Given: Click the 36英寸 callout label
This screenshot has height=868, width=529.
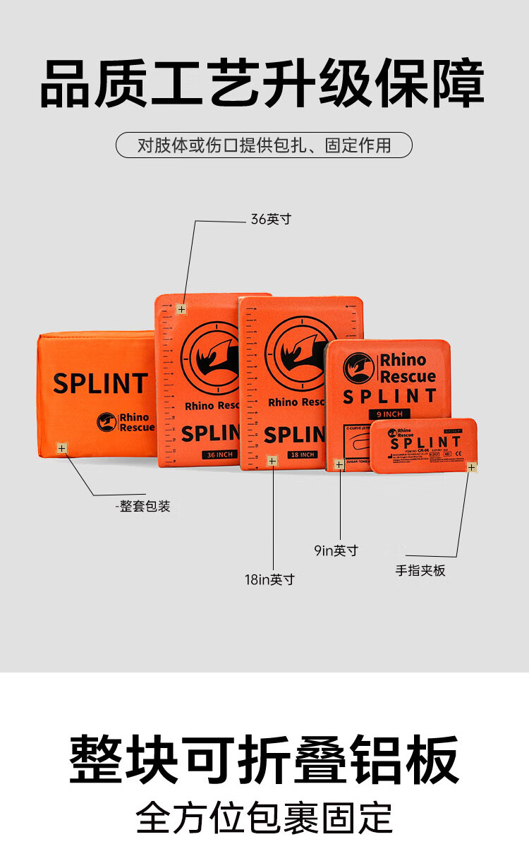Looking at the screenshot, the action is coord(271,219).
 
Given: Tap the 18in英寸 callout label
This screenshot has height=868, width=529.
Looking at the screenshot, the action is coord(269,579).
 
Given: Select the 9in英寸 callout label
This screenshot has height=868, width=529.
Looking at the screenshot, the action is coord(336,550).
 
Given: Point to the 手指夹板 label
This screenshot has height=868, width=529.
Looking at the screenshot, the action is coord(420,570).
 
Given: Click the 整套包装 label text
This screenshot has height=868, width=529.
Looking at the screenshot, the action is coord(145,506).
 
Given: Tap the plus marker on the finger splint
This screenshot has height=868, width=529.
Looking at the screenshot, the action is coord(471,466).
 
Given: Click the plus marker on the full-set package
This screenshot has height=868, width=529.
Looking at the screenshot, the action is coord(61,448).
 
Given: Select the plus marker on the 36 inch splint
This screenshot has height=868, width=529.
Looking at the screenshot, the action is coord(181,309).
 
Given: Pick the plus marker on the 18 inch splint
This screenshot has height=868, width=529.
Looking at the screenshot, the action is coord(272,461).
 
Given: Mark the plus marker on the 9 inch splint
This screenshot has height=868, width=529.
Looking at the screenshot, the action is coord(339,464).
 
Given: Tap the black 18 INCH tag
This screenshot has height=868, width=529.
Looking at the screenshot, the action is coord(302,454).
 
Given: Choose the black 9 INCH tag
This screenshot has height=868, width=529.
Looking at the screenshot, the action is coord(389,414).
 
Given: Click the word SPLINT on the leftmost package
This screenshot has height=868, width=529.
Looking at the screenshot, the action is coord(100,384).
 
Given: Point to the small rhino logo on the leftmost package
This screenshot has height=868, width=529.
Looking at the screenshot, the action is coord(107,422).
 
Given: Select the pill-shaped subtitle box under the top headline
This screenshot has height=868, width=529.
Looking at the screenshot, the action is coord(264,145).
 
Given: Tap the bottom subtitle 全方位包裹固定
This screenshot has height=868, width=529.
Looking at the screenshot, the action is coord(264,817).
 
